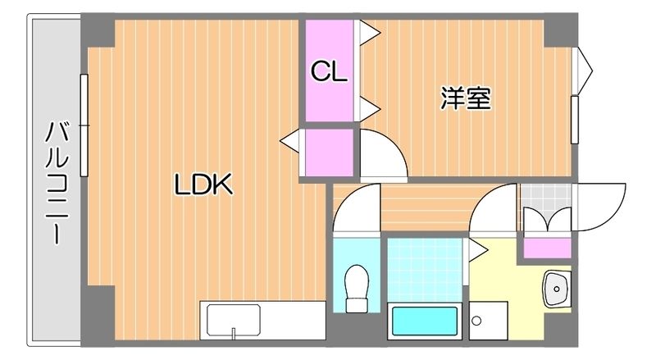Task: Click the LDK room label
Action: coord(204,185)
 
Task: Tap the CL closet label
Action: coord(329,71)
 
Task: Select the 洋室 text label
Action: coord(466,99)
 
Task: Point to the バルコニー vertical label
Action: coord(55,182)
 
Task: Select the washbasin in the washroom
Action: coord(558,289)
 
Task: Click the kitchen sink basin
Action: coord(234,320)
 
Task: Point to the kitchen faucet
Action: coord(234,332)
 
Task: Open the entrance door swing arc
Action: coord(602,208)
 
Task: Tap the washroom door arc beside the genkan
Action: coord(495,208)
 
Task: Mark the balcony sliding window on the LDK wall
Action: coord(84,125)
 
